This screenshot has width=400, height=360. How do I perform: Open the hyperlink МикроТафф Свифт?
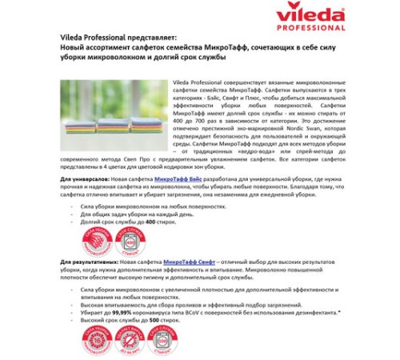(186, 262)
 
